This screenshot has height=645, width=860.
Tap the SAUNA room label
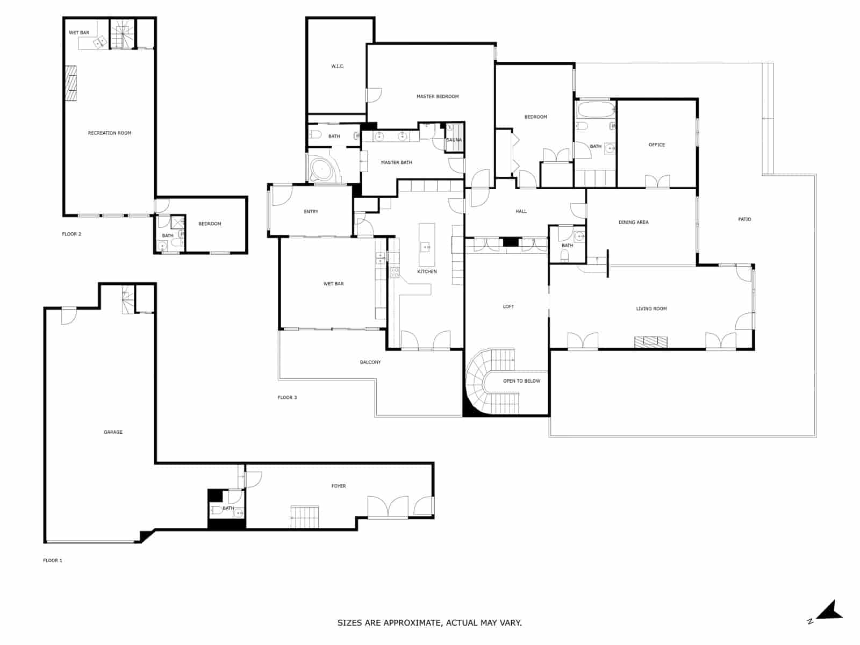[454, 140]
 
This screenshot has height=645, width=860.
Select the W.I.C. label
[338, 66]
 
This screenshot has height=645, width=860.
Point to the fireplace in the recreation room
[71, 83]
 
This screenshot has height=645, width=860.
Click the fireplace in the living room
[650, 341]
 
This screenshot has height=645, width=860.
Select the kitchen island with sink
[426, 238]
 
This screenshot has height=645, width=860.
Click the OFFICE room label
[656, 145]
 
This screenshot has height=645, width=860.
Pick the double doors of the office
[657, 182]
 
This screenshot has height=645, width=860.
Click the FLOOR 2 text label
[71, 234]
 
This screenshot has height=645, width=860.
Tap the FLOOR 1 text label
[53, 560]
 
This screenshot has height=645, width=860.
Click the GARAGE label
[113, 432]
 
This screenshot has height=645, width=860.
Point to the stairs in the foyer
[305, 517]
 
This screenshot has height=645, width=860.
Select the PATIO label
[744, 219]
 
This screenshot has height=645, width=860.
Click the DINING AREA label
[633, 222]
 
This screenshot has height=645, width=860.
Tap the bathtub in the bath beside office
[594, 110]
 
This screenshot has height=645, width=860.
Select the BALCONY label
[370, 362]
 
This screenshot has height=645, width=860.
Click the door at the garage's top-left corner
[68, 316]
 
